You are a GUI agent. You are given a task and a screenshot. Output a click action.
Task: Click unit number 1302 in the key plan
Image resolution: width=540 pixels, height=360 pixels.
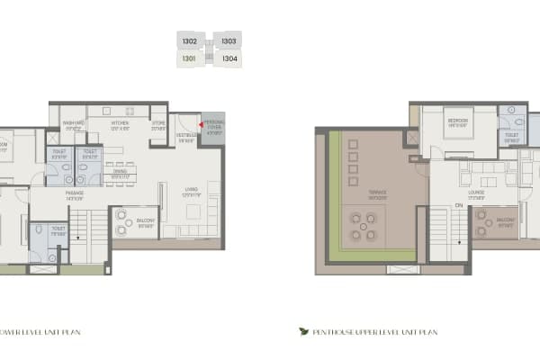tap(189, 41)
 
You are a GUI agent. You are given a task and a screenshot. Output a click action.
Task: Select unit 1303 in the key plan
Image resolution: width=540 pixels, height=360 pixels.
tap(229, 41)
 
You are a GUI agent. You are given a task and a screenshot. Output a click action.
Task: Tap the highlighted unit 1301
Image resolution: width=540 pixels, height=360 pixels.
tap(189, 59)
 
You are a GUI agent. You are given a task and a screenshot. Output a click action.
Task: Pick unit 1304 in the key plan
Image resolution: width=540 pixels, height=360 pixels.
tap(229, 59)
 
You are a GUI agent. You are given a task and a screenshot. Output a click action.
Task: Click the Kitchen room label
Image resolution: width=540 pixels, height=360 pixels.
tap(121, 124)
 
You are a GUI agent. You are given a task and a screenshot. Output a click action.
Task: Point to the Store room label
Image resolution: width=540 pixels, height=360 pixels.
tap(159, 125)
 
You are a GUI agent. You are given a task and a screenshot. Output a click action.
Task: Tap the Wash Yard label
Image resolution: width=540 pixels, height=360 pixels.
tap(74, 124)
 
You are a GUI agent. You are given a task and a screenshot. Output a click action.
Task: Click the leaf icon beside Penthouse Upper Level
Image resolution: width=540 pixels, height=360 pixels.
tap(303, 331)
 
